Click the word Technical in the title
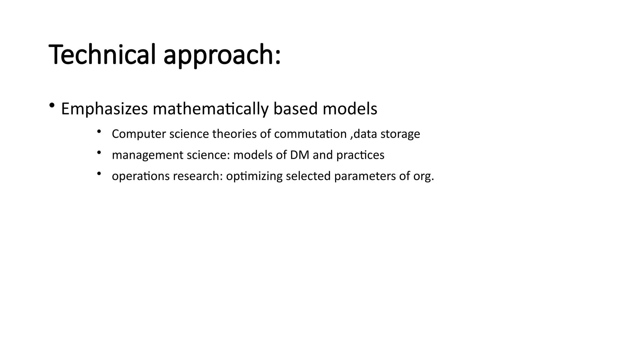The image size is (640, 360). coord(102,54)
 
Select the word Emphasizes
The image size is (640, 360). coord(104,109)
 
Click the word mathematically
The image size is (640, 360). coord(210,109)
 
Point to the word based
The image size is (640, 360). coord(295,109)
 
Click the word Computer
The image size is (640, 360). coord(138,134)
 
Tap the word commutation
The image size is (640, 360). coord(310,134)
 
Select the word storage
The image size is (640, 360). coord(400,134)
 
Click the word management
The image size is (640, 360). coord(147,155)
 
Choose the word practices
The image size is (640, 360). coord(360,155)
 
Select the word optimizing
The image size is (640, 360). coord(254,177)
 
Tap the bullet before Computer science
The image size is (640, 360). coord(99,132)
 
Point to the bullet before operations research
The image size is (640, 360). coord(99,173)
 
